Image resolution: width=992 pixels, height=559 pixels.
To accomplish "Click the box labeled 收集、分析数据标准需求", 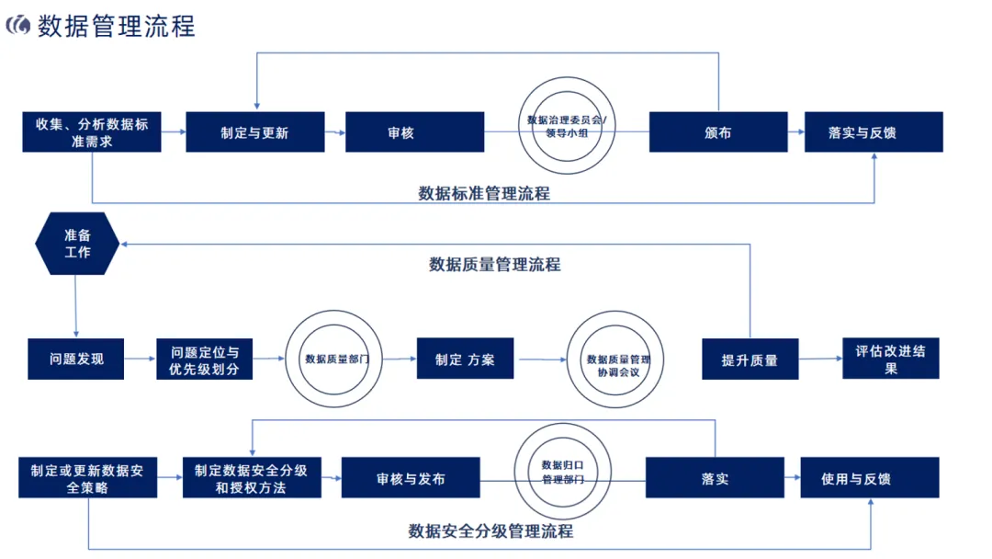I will coord(92,132).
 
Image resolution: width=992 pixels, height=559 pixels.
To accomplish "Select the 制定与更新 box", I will coord(254,132).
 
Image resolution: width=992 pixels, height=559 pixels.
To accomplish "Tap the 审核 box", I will coord(414,132).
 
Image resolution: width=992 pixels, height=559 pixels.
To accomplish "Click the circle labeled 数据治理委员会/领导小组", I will coord(566,126).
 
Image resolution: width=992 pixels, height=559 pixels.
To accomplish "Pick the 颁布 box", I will coord(718,132).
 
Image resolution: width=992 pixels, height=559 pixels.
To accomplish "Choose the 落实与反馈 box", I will coord(874,132).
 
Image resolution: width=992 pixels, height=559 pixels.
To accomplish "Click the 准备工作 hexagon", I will coord(77,244).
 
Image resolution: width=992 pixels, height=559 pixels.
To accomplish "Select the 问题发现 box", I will coord(76,359).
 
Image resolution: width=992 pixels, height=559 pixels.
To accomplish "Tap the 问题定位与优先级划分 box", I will coord(204,359).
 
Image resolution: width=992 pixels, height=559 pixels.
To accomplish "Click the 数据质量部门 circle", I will coord(336,359).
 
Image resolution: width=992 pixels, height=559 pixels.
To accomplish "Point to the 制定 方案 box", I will coord(465,359).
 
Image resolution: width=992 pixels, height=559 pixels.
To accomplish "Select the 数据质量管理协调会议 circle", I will coord(617,359).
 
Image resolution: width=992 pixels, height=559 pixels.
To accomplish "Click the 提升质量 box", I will coord(750,359).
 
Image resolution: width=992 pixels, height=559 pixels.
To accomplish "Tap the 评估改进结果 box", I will coord(890,359).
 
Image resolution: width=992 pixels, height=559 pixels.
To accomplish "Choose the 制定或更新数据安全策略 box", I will coord(88,478).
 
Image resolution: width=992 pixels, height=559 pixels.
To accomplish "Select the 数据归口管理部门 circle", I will coord(562,473).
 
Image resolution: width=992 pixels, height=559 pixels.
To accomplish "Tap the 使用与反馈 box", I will coord(869,478).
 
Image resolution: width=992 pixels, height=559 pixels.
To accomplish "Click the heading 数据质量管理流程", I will coord(494,265).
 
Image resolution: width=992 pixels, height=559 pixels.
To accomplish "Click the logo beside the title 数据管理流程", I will coord(17,25).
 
